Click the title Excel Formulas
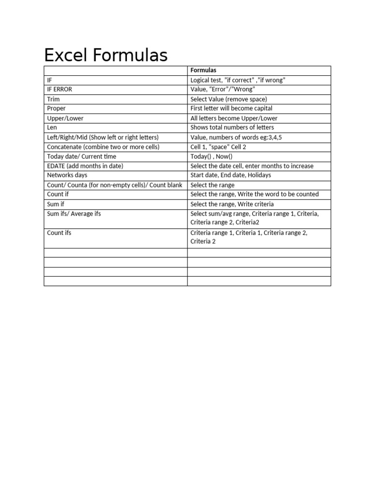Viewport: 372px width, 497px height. (x=106, y=55)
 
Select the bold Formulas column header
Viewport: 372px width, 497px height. (x=203, y=70)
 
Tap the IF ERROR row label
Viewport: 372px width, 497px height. (x=60, y=89)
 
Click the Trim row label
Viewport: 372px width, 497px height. (x=53, y=99)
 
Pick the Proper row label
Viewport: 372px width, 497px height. (x=56, y=108)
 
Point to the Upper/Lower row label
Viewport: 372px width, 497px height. (x=65, y=118)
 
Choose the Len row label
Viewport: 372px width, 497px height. (x=52, y=127)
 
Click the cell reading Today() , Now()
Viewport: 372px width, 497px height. (x=212, y=156)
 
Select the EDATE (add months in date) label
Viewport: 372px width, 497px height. (x=85, y=166)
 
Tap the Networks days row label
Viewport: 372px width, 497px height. (x=67, y=175)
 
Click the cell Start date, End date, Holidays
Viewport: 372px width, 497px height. (x=231, y=175)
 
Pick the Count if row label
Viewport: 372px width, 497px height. (x=58, y=194)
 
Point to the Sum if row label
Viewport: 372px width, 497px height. (x=56, y=204)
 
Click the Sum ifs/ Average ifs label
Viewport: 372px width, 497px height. (x=74, y=214)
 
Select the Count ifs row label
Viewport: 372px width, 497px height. (x=59, y=232)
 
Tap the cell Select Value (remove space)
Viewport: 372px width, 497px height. (x=229, y=99)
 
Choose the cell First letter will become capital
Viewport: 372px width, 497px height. (x=232, y=108)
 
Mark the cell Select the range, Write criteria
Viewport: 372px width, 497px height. (x=232, y=204)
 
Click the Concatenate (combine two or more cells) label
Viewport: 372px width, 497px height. (x=103, y=147)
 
